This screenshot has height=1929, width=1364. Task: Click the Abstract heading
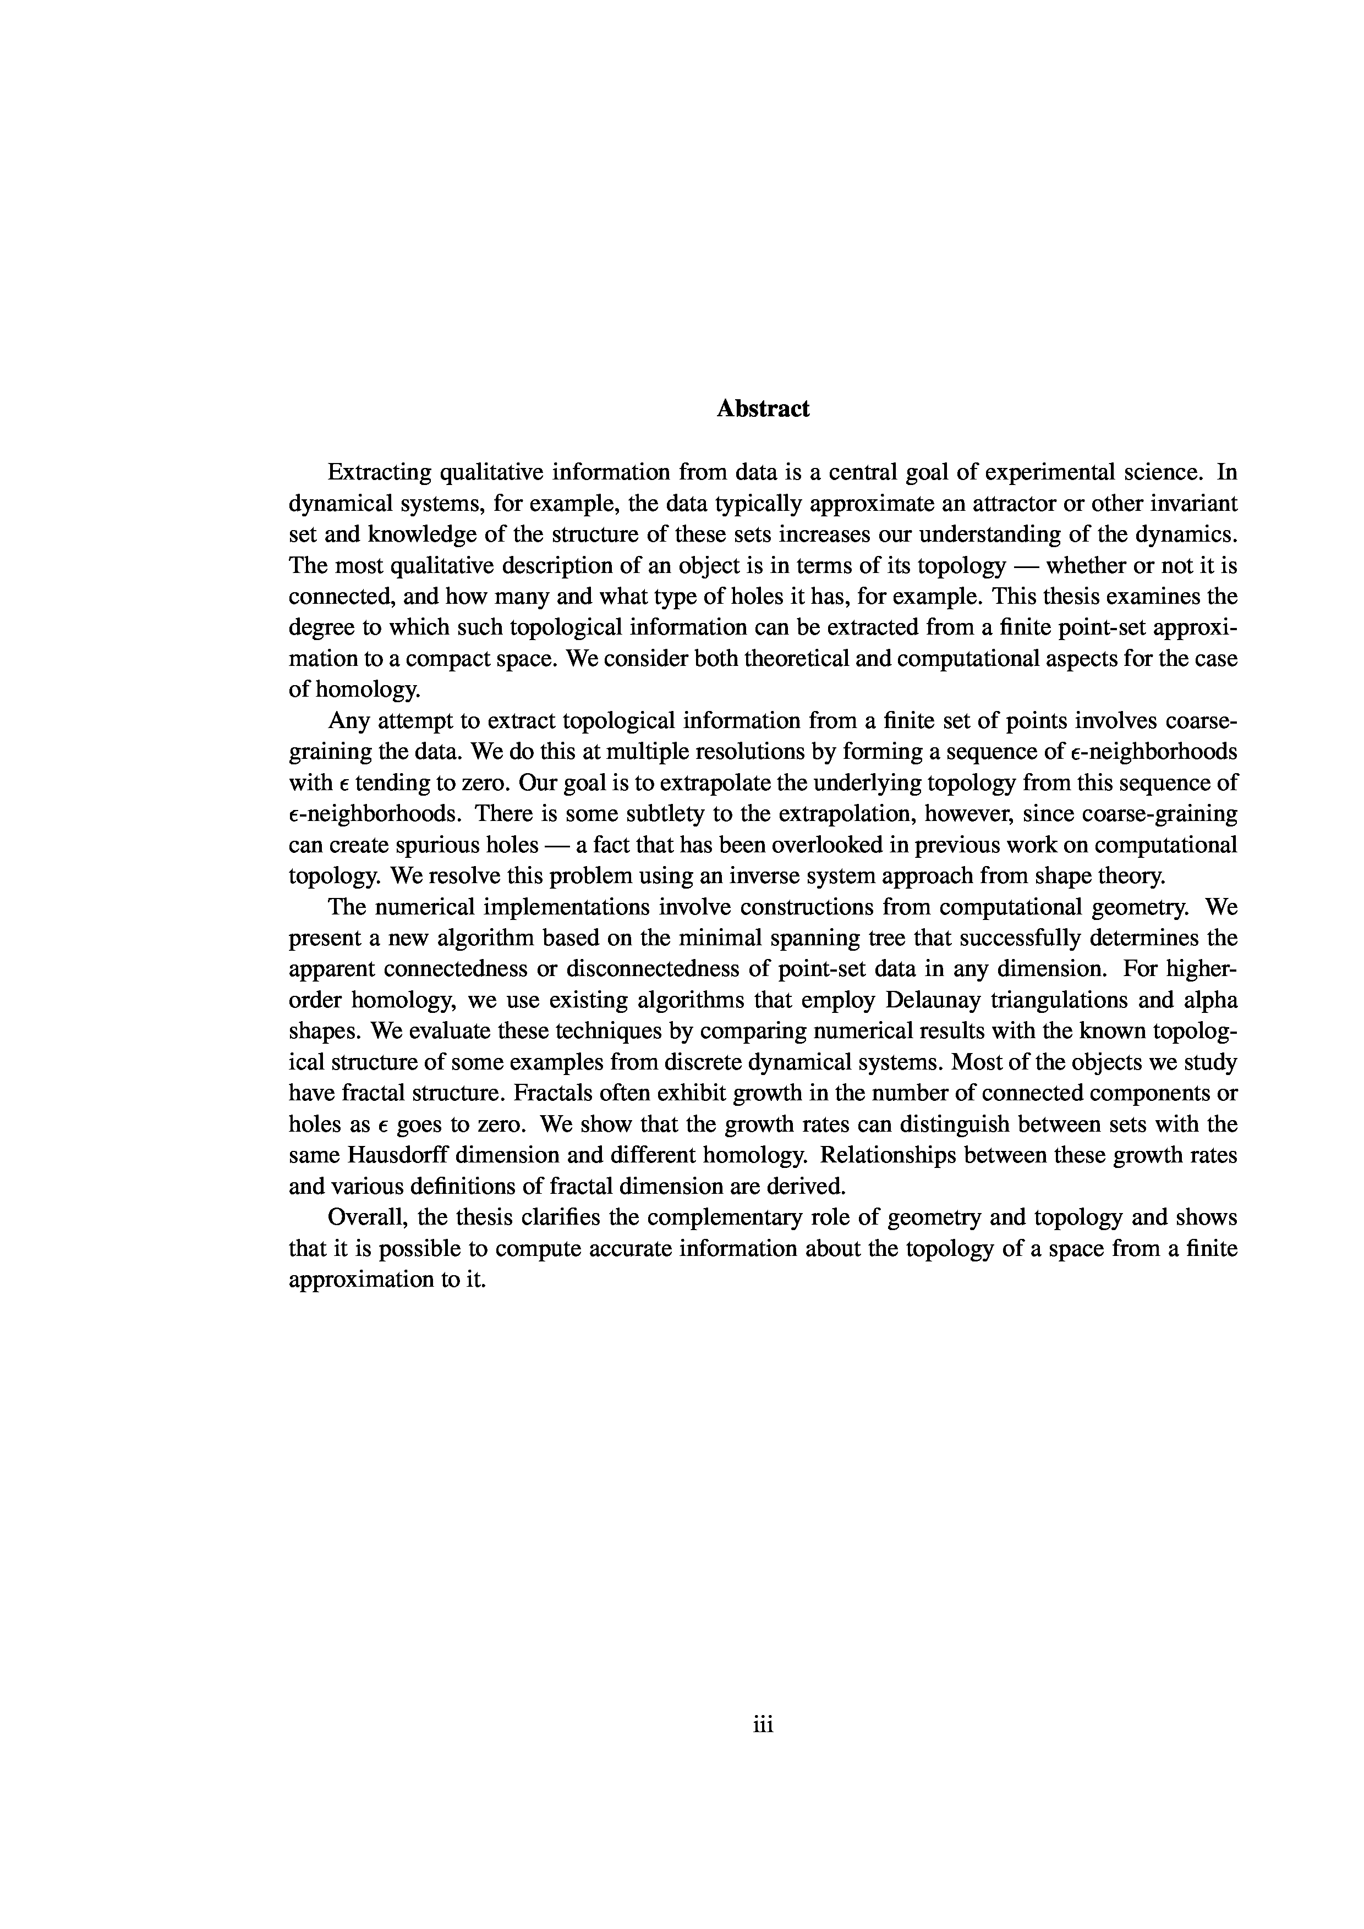coord(763,409)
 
